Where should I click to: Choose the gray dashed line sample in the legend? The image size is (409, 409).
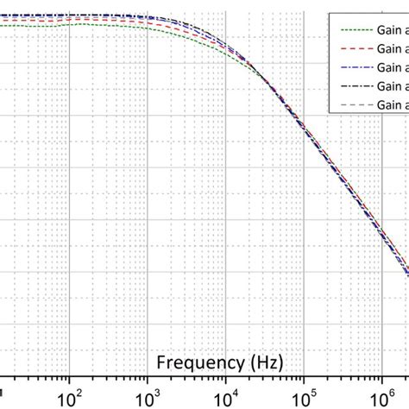coord(353,105)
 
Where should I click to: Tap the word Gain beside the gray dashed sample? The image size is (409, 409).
coord(390,105)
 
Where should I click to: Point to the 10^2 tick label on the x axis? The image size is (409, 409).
coord(68,397)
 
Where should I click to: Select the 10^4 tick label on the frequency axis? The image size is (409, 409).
coord(225,397)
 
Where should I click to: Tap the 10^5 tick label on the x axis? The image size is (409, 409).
coord(303,397)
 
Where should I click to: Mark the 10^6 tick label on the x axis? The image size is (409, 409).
coord(381,397)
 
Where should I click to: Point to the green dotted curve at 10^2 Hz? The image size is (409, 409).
coord(69,24)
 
